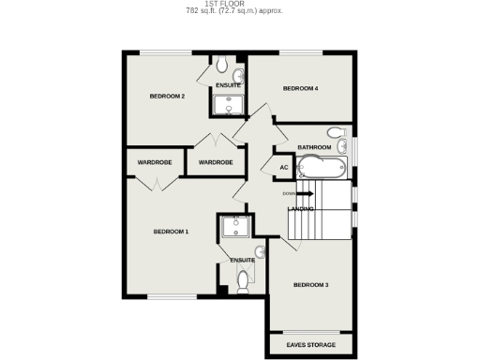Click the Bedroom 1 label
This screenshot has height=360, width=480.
[172, 231]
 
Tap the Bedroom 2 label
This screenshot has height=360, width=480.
[167, 96]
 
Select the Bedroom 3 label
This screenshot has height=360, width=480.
[310, 285]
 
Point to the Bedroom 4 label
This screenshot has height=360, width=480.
[301, 89]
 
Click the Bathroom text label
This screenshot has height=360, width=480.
[314, 147]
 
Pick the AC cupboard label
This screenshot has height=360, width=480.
[284, 168]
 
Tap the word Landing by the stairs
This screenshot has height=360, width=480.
[301, 208]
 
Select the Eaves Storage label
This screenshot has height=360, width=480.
[310, 346]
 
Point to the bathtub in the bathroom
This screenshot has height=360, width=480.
[322, 169]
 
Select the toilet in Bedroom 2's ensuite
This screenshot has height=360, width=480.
[221, 66]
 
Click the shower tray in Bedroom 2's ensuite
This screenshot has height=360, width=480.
[227, 104]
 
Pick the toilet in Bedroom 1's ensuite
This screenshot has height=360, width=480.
[243, 278]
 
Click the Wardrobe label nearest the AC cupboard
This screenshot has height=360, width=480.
[216, 162]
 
